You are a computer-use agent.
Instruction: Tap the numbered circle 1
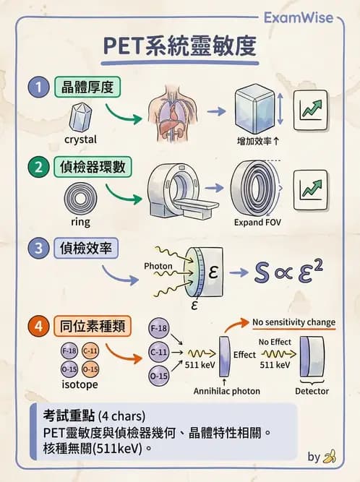pos(37,89)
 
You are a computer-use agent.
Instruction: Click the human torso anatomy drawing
pos(173,111)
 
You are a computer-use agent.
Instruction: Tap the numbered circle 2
pos(37,168)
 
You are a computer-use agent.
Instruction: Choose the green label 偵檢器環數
pos(93,168)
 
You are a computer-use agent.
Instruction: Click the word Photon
pos(158,266)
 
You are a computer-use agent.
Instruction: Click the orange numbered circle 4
pos(37,326)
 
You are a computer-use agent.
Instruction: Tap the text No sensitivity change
pos(293,322)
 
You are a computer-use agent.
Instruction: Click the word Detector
pos(312,391)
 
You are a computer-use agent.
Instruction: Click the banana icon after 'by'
pos(330,457)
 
